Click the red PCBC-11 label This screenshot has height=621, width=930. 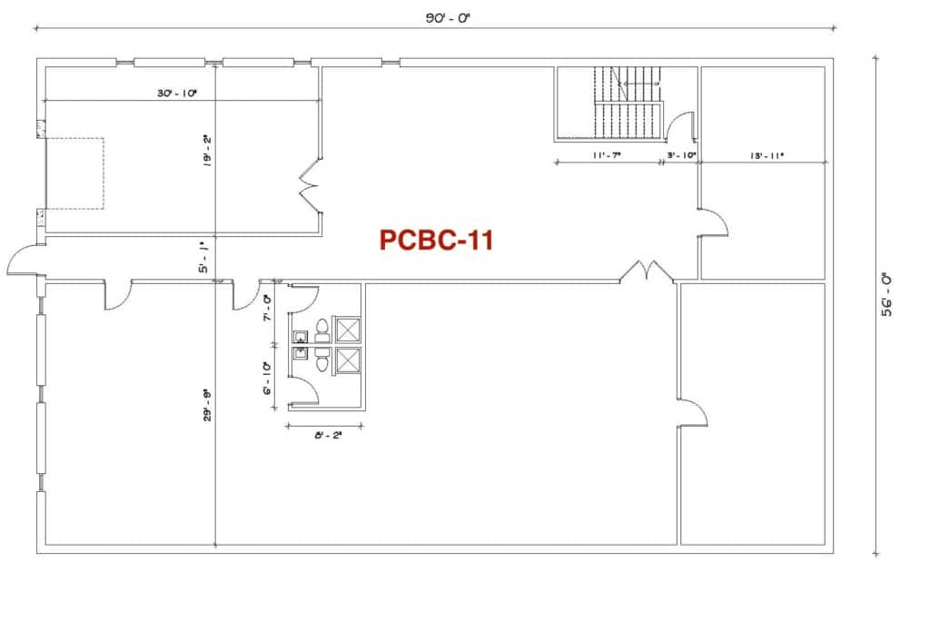point(436,241)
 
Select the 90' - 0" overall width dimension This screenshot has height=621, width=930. point(448,18)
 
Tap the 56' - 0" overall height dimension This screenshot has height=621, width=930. point(886,294)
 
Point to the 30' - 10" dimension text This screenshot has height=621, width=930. point(177,94)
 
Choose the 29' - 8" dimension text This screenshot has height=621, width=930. point(207,405)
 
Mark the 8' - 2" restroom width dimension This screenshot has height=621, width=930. point(329,436)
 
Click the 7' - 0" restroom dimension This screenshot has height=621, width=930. point(268,308)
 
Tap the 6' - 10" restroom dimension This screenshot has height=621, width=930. point(268,379)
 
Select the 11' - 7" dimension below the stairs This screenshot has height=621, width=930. point(607,155)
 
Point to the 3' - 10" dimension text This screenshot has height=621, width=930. point(681,155)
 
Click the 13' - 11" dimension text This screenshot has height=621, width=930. point(767,155)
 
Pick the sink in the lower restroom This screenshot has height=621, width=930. point(300,354)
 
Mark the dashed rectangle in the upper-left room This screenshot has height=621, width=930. point(74,173)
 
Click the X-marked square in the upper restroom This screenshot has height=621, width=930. point(348,330)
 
